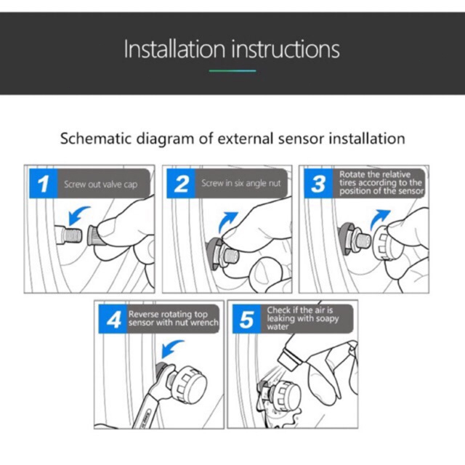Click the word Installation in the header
174,49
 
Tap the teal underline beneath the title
232,71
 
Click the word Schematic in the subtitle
95,139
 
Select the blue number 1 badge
44,184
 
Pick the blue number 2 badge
181,184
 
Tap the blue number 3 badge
318,184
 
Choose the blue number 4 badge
113,319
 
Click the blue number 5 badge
247,319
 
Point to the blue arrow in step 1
77,215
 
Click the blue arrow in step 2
226,222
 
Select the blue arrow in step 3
379,219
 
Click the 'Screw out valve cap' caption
101,184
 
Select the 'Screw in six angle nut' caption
241,184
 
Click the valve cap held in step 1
94,235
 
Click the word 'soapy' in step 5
327,319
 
